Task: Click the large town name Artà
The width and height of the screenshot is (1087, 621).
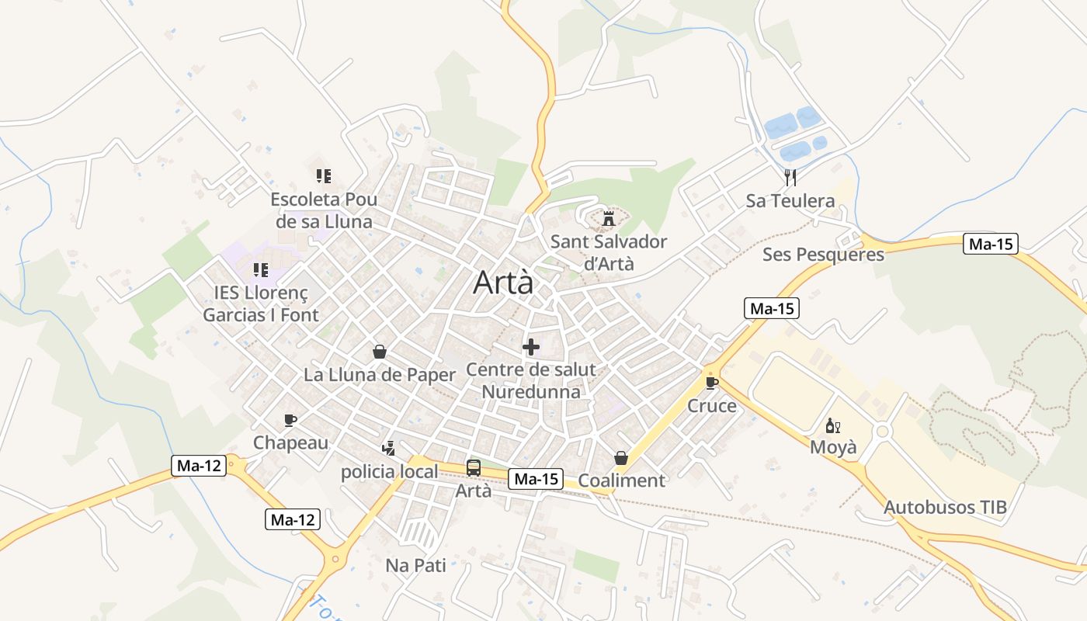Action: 504,283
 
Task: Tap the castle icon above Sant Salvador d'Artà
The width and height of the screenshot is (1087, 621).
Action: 608,219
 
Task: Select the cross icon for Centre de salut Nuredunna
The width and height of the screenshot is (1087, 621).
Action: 531,347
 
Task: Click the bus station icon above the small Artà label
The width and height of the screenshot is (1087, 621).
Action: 474,468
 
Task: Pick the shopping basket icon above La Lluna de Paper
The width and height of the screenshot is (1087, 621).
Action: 380,352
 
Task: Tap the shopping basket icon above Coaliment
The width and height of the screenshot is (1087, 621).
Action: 621,458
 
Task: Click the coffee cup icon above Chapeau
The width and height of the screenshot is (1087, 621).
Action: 290,420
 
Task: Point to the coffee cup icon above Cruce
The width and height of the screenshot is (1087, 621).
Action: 712,383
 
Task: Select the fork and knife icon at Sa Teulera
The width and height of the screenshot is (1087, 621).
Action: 790,178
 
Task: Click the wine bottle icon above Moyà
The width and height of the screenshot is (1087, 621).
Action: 833,425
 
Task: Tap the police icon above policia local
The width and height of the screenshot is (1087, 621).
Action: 389,448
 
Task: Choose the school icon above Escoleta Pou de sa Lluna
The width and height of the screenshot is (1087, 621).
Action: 324,176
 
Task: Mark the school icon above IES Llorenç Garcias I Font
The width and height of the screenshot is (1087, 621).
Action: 261,270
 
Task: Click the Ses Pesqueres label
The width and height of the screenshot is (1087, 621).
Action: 823,255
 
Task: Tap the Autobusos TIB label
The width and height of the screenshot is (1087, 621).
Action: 945,508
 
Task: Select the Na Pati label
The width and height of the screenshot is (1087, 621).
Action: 416,565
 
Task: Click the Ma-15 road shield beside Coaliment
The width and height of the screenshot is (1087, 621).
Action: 536,479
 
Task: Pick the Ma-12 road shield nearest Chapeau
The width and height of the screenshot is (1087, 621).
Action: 199,466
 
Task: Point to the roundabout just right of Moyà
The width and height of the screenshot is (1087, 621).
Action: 881,432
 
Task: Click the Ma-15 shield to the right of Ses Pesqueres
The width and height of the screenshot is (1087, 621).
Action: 991,244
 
